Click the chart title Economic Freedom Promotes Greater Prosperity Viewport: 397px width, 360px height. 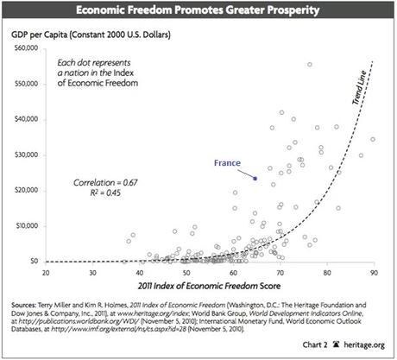(198, 12)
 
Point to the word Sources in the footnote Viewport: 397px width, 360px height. (26, 305)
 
